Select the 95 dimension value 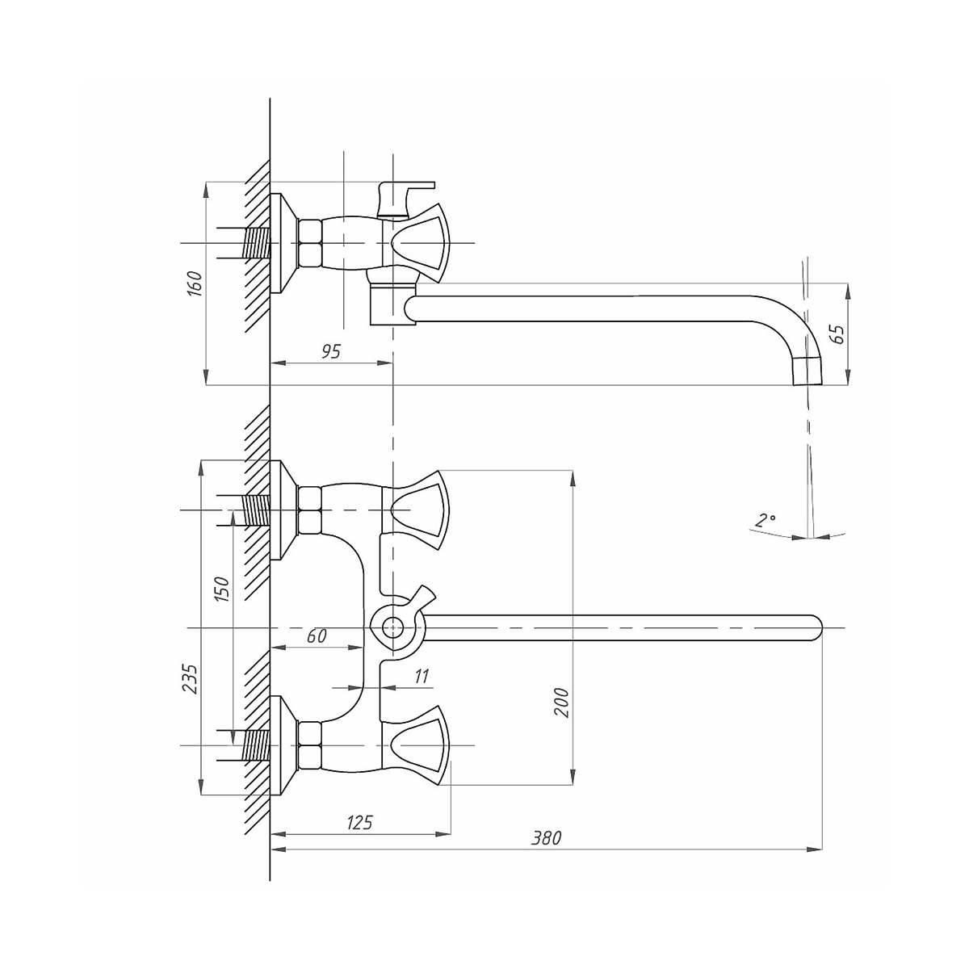point(331,351)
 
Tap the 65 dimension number point(838,333)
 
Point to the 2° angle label point(766,520)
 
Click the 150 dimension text point(222,589)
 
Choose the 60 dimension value point(317,636)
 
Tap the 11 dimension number point(422,677)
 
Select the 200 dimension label point(562,703)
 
